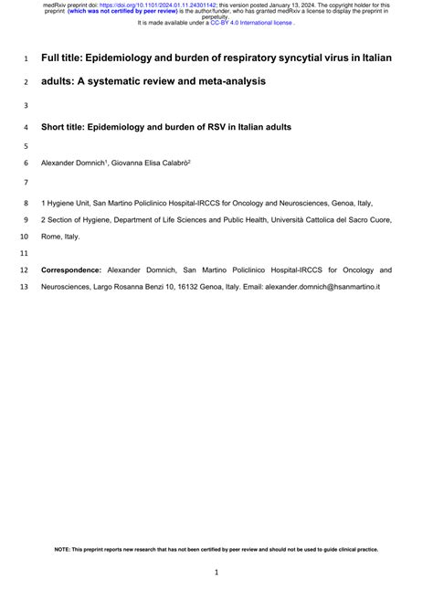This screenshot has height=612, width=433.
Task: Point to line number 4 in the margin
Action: (x=25, y=127)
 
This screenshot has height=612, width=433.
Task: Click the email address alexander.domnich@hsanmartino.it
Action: (x=322, y=287)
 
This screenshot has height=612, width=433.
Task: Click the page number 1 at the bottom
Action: (x=216, y=573)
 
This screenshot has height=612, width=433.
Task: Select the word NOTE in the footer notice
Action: (x=64, y=524)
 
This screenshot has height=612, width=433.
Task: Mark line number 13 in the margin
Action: (x=24, y=287)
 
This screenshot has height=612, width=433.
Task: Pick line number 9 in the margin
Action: (x=25, y=220)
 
